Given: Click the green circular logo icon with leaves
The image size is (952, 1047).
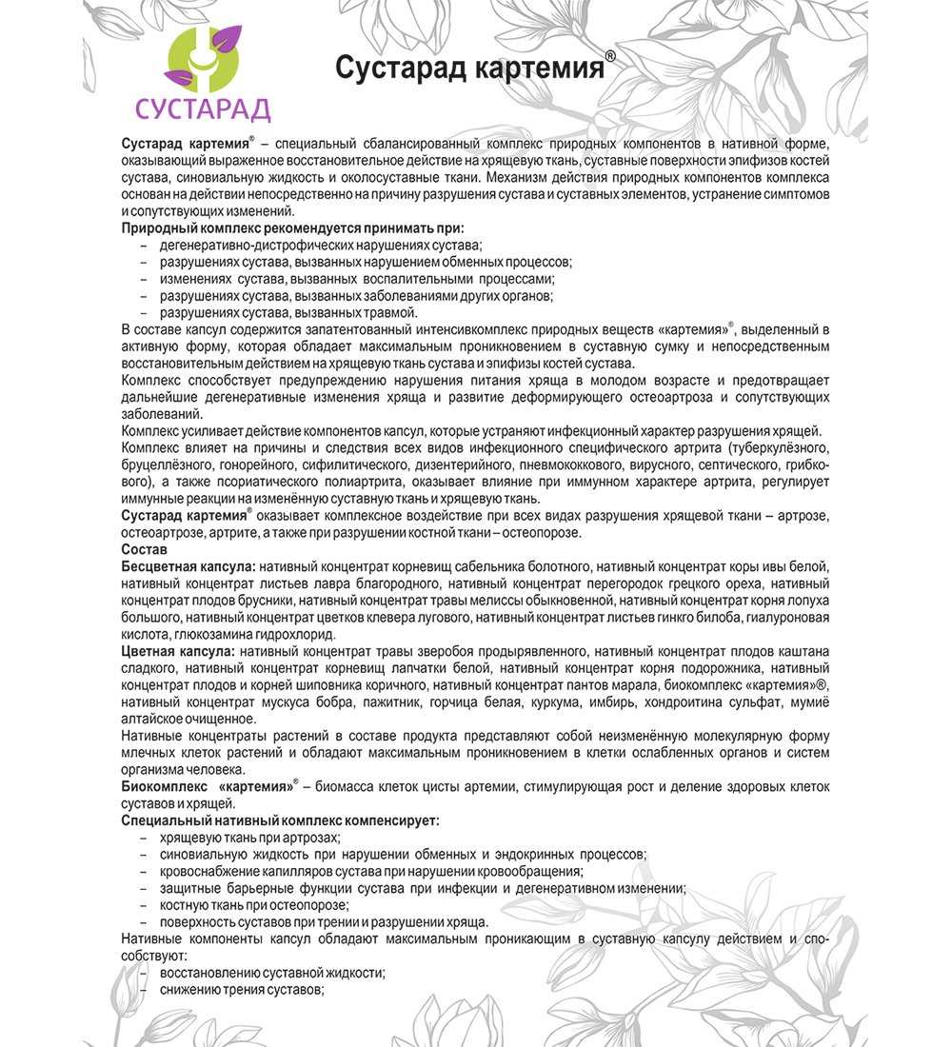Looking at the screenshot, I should coord(202,65).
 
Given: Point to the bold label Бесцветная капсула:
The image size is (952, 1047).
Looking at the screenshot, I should coord(188,566).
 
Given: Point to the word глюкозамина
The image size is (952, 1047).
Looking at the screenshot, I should coord(210,634).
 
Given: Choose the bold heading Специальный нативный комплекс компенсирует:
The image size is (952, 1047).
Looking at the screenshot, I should coord(281,820).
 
